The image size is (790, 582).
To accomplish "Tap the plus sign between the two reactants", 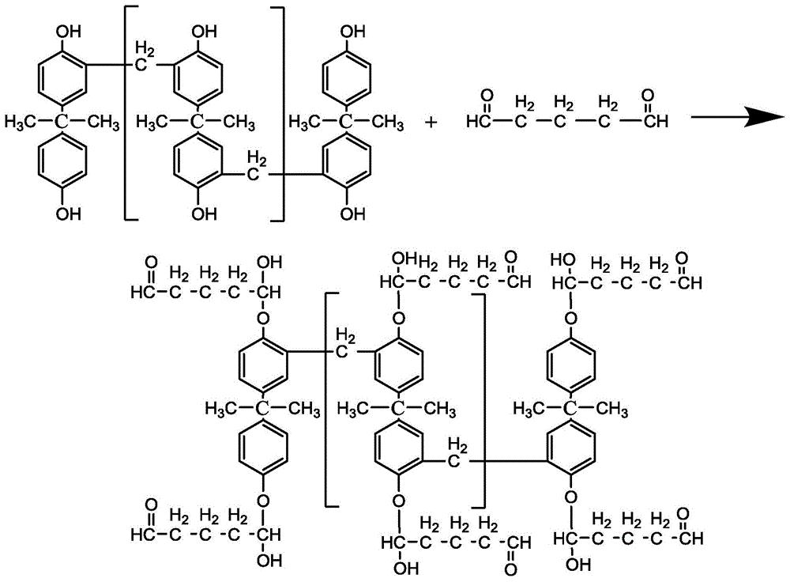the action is click(431, 122).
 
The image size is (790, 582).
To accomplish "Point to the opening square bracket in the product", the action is click(329, 399).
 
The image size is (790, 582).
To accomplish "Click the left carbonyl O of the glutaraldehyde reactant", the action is click(487, 95).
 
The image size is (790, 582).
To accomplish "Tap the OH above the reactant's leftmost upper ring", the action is click(68, 32).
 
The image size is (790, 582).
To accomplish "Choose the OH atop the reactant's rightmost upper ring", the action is click(352, 32).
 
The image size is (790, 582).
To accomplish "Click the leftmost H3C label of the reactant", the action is click(19, 123).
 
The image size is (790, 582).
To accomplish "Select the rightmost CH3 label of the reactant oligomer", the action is click(387, 123).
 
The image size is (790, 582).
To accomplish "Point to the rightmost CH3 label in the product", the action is click(611, 408).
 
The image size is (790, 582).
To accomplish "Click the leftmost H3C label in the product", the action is click(220, 408).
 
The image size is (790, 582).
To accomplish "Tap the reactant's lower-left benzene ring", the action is click(62, 162).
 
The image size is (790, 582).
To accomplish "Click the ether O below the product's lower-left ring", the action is click(263, 501).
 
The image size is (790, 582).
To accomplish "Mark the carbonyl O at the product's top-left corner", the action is click(151, 263).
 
